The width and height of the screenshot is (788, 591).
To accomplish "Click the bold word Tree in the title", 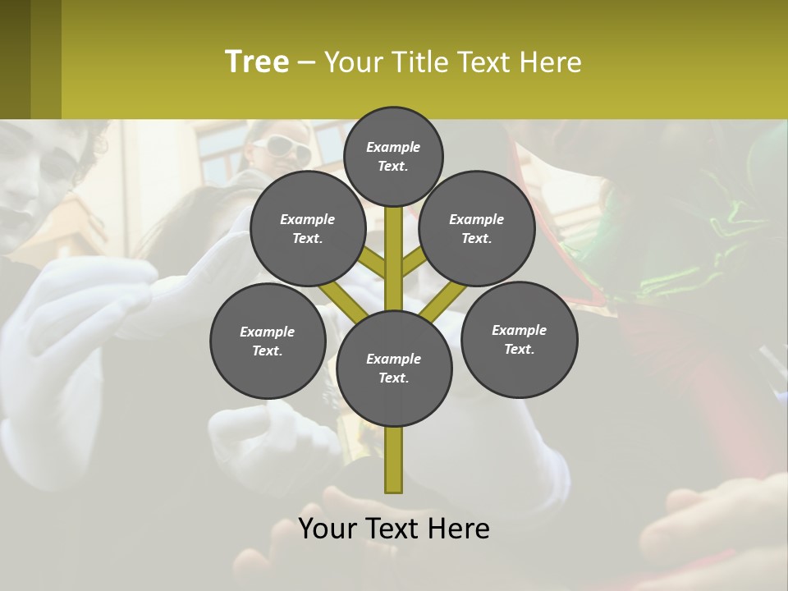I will pyautogui.click(x=257, y=62).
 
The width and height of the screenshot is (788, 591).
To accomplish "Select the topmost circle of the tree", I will pyautogui.click(x=393, y=156).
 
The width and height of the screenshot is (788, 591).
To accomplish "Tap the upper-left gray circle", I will pyautogui.click(x=308, y=228).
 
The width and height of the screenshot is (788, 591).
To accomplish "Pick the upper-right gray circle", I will pyautogui.click(x=477, y=228).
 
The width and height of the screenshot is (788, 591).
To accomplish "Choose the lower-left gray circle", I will pyautogui.click(x=268, y=341).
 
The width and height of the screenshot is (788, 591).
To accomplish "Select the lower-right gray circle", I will pyautogui.click(x=519, y=339).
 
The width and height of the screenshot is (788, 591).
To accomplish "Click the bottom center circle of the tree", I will pyautogui.click(x=394, y=368).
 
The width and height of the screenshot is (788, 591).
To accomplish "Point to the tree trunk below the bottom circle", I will pyautogui.click(x=394, y=460).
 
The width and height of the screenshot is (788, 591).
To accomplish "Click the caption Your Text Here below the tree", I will pyautogui.click(x=394, y=529).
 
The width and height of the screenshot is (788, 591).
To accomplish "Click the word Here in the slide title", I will pyautogui.click(x=552, y=62).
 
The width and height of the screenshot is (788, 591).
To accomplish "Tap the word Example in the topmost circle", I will pyautogui.click(x=393, y=147).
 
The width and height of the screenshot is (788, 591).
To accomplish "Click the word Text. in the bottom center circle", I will pyautogui.click(x=394, y=378).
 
